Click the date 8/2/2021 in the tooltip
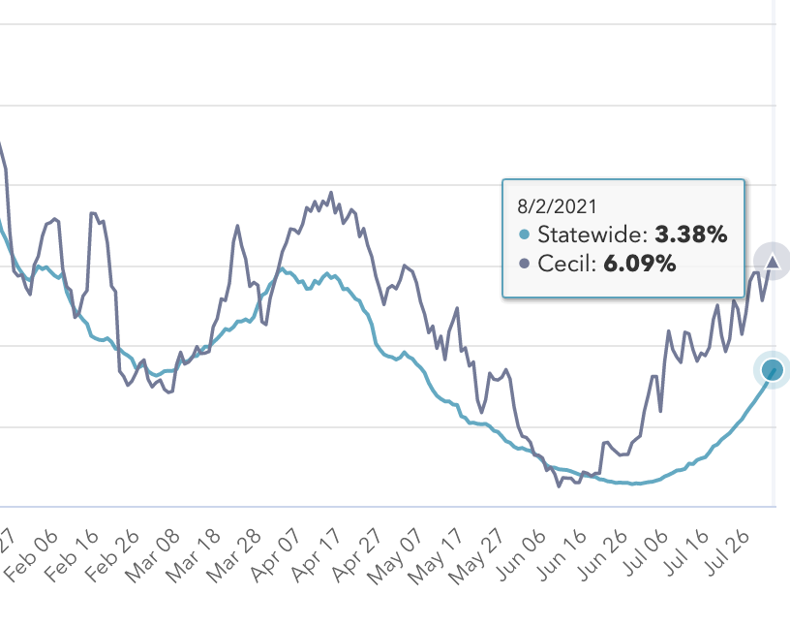click(558, 205)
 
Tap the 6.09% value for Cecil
click(640, 264)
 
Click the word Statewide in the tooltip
click(592, 235)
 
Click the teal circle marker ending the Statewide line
click(772, 369)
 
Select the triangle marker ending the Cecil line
click(773, 260)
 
